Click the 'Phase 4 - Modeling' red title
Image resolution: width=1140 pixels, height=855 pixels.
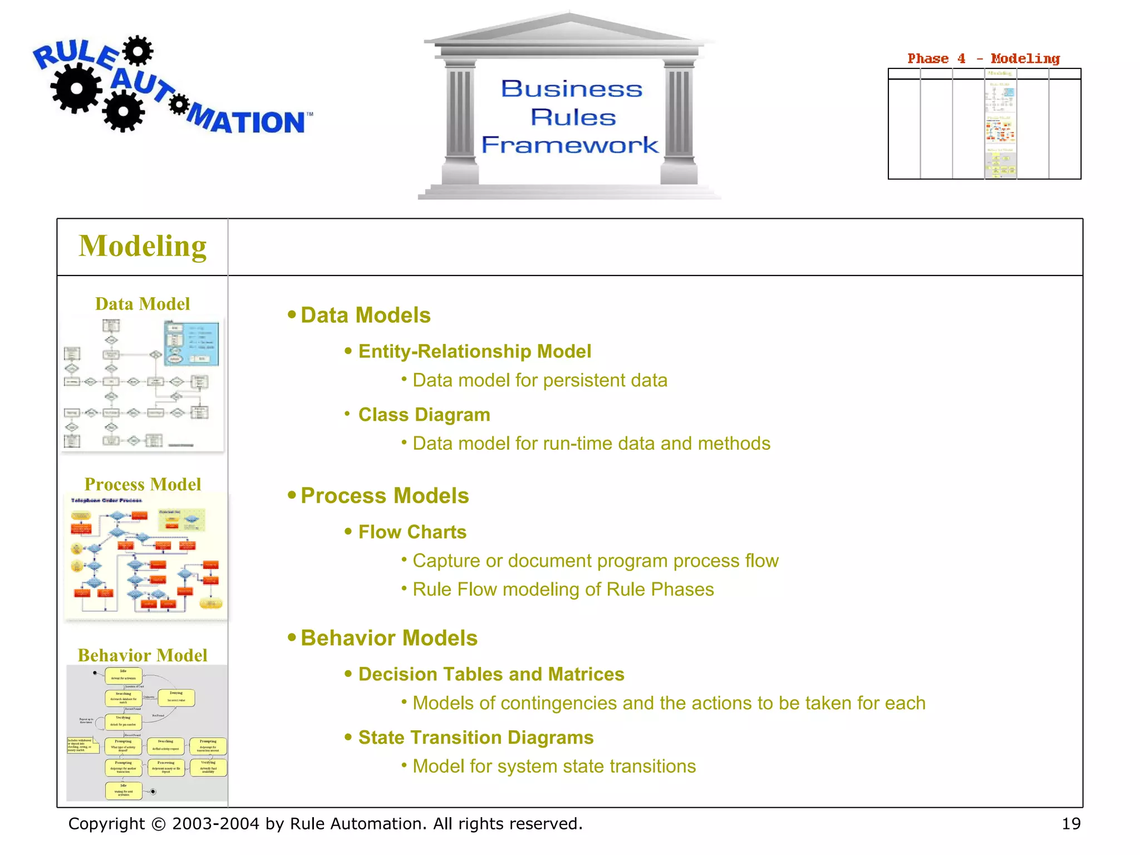983,58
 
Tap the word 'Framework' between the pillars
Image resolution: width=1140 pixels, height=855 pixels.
569,145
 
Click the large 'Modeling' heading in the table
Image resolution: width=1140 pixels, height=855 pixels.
142,247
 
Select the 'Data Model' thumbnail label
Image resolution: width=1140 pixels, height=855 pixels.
142,304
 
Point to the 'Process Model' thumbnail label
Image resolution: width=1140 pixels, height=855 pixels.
142,484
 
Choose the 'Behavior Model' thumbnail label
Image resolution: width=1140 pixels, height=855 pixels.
142,655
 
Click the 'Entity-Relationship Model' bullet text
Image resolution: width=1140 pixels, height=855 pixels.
474,352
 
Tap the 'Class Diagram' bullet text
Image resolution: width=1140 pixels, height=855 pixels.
424,415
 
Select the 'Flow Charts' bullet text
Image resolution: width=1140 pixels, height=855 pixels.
412,532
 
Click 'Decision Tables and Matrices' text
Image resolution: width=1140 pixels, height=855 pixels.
491,675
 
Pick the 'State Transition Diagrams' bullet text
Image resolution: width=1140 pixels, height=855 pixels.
476,738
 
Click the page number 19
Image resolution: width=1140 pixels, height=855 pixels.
1070,824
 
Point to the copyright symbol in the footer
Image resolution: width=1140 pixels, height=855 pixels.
159,824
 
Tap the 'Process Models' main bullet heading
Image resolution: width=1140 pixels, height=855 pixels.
385,496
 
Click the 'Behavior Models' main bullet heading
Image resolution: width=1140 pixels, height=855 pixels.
389,638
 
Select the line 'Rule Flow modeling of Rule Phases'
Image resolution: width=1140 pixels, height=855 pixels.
563,589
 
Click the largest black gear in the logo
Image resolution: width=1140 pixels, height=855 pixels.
76,88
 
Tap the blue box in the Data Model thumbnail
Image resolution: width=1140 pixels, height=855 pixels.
191,343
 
